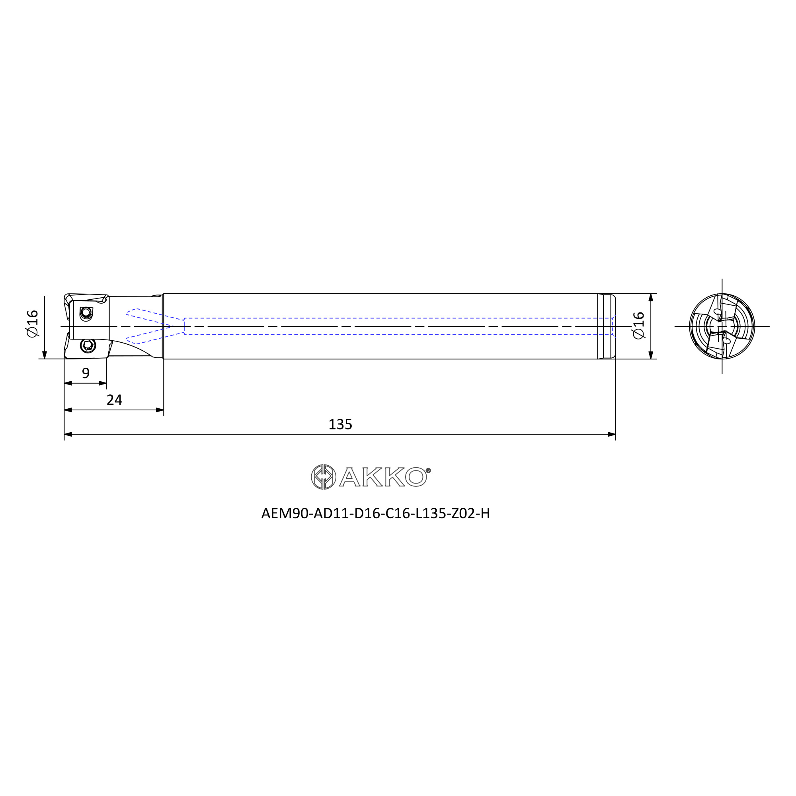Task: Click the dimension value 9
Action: click(86, 373)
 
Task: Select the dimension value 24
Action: click(115, 400)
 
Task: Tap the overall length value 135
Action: click(340, 424)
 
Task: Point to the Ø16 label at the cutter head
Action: click(32, 324)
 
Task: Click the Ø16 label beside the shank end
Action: click(638, 326)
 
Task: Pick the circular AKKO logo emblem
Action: click(324, 477)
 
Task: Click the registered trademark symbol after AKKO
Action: click(428, 470)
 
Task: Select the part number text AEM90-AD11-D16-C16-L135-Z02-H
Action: click(375, 514)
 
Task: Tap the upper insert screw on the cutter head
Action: click(86, 313)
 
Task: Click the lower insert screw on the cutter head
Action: click(88, 345)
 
